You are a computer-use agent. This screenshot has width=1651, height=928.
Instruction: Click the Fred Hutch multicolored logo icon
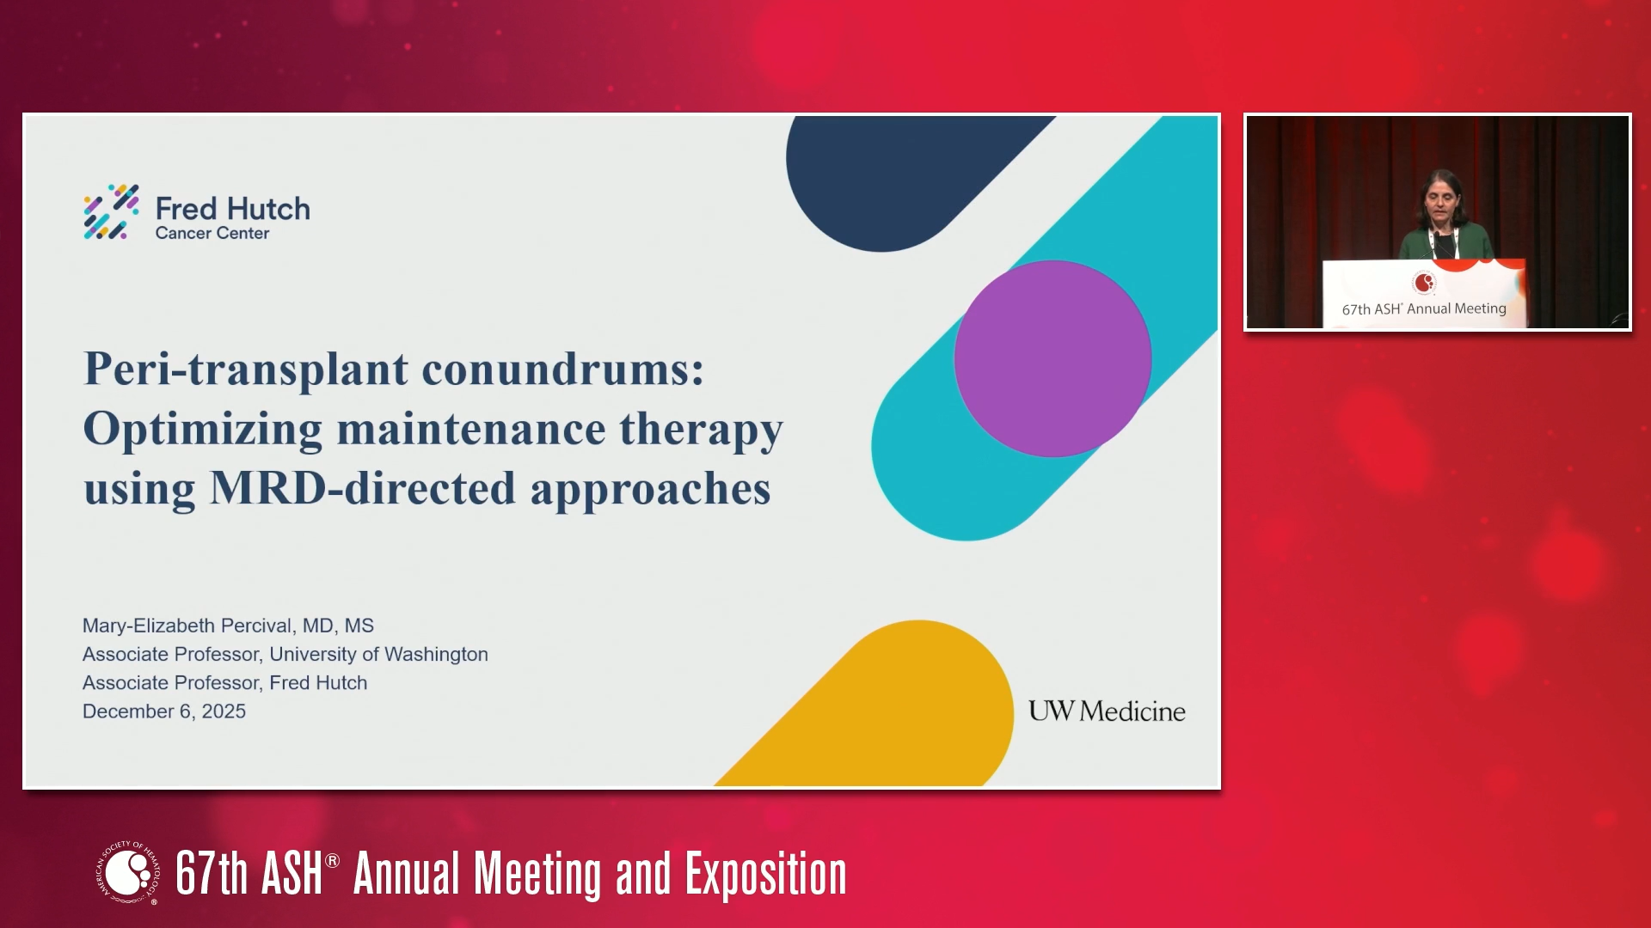tap(111, 211)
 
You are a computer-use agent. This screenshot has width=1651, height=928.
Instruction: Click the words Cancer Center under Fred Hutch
tap(212, 234)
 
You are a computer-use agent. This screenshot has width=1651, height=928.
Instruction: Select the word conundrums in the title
tap(562, 369)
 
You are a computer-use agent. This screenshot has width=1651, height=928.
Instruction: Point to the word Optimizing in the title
tap(203, 430)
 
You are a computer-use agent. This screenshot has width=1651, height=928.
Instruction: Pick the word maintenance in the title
tap(471, 428)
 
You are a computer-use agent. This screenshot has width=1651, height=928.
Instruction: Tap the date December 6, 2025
tap(164, 711)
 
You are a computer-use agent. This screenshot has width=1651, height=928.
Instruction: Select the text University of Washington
tap(379, 655)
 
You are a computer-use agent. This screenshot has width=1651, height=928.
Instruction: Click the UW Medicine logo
tap(1107, 711)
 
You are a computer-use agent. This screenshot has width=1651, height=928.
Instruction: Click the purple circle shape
tap(1053, 358)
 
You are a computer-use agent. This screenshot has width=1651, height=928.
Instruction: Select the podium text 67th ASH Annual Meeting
tap(1424, 308)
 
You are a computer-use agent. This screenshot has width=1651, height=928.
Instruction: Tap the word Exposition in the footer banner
tap(765, 874)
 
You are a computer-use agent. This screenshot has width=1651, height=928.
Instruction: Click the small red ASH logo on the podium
tap(1424, 282)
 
